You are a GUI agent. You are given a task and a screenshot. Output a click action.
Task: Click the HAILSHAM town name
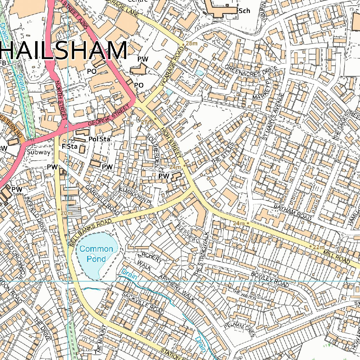[63, 50]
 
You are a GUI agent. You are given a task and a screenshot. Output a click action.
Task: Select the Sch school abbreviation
[244, 11]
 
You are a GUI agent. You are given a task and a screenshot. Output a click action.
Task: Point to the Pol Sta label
[99, 139]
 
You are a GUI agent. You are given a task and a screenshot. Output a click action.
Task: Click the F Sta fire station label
[69, 146]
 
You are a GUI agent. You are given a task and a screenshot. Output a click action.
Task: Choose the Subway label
[39, 152]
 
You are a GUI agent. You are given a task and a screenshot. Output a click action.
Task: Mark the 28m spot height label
[192, 43]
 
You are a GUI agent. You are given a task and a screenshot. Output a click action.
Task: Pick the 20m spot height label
[66, 213]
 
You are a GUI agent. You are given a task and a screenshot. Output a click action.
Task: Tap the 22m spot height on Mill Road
[319, 247]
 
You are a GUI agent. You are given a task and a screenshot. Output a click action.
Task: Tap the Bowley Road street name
[270, 279]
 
